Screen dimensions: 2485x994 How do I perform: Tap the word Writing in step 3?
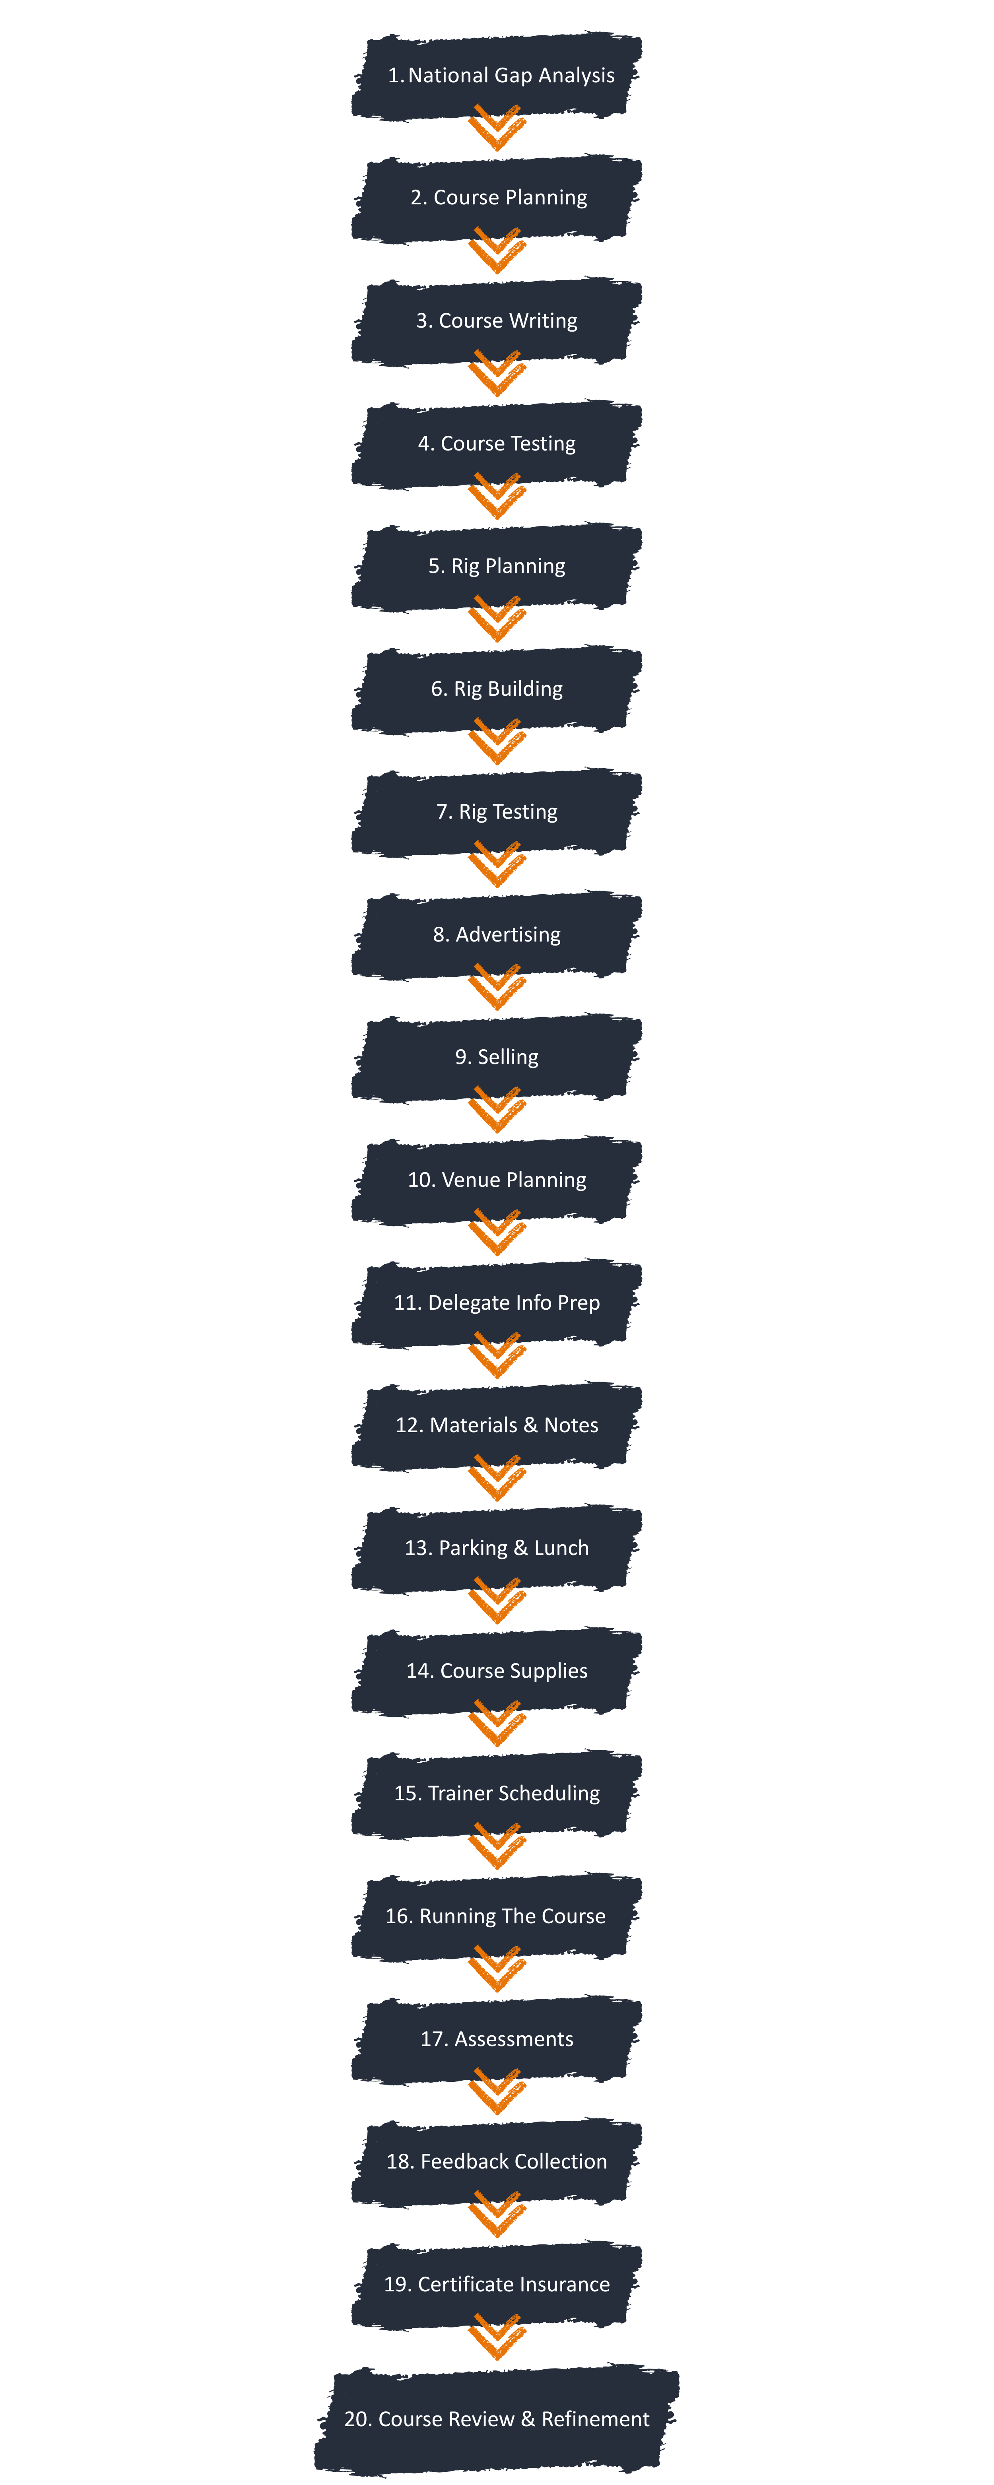click(542, 320)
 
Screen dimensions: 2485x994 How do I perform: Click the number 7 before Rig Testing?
click(443, 811)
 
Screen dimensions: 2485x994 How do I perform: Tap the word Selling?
click(508, 1057)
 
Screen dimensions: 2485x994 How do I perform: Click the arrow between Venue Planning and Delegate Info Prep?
click(497, 1232)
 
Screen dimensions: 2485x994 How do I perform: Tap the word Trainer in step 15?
click(459, 1793)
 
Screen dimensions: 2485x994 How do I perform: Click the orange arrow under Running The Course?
click(497, 1968)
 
